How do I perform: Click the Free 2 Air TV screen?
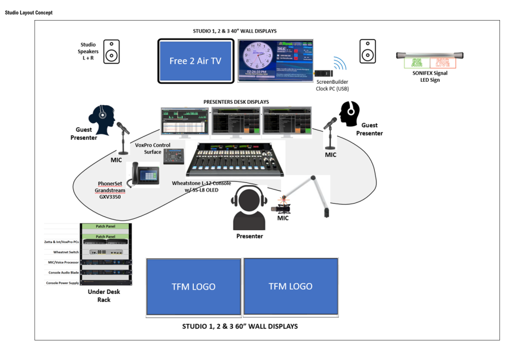tap(195, 61)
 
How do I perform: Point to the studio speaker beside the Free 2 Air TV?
tap(112, 52)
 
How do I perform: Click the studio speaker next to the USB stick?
tap(367, 52)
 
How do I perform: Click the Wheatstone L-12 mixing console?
tap(233, 159)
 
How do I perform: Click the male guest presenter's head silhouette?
tap(350, 114)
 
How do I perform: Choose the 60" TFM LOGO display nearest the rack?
tap(193, 286)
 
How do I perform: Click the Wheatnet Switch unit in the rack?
tap(105, 252)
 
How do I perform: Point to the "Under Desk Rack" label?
tap(104, 296)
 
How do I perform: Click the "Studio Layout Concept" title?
tap(29, 13)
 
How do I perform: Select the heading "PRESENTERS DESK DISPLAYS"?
tap(236, 102)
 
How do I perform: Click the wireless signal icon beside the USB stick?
tap(340, 64)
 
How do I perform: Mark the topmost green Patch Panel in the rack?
tap(105, 227)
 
